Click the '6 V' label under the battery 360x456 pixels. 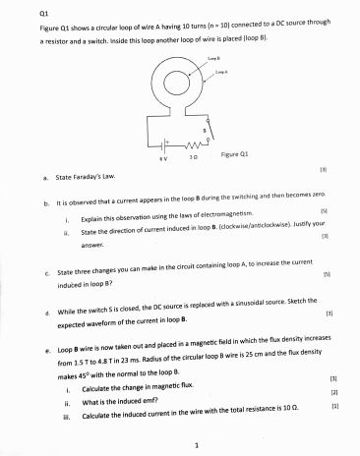tap(149, 156)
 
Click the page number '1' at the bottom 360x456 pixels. tap(197, 444)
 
